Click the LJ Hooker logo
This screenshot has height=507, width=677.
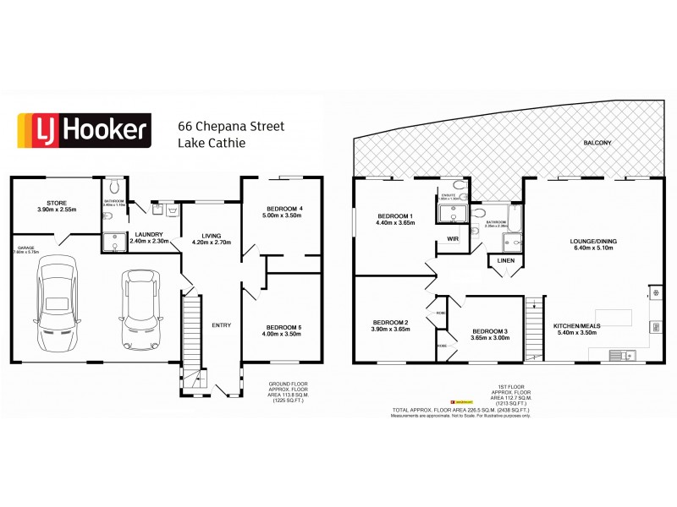click(84, 131)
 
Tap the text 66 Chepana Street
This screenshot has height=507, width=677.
click(230, 126)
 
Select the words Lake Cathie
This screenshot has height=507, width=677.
click(212, 143)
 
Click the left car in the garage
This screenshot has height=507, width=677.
click(57, 301)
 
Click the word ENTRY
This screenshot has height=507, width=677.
click(221, 325)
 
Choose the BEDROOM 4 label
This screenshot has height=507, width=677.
click(282, 211)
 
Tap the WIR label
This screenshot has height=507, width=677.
click(453, 239)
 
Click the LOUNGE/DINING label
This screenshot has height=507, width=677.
click(592, 244)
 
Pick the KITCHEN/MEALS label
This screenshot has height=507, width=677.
click(575, 330)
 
